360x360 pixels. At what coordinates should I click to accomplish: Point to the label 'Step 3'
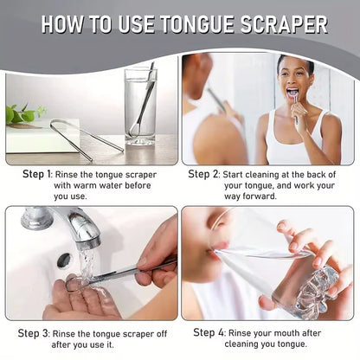[x=36, y=332]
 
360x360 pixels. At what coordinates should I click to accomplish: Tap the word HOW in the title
[x=67, y=23]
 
